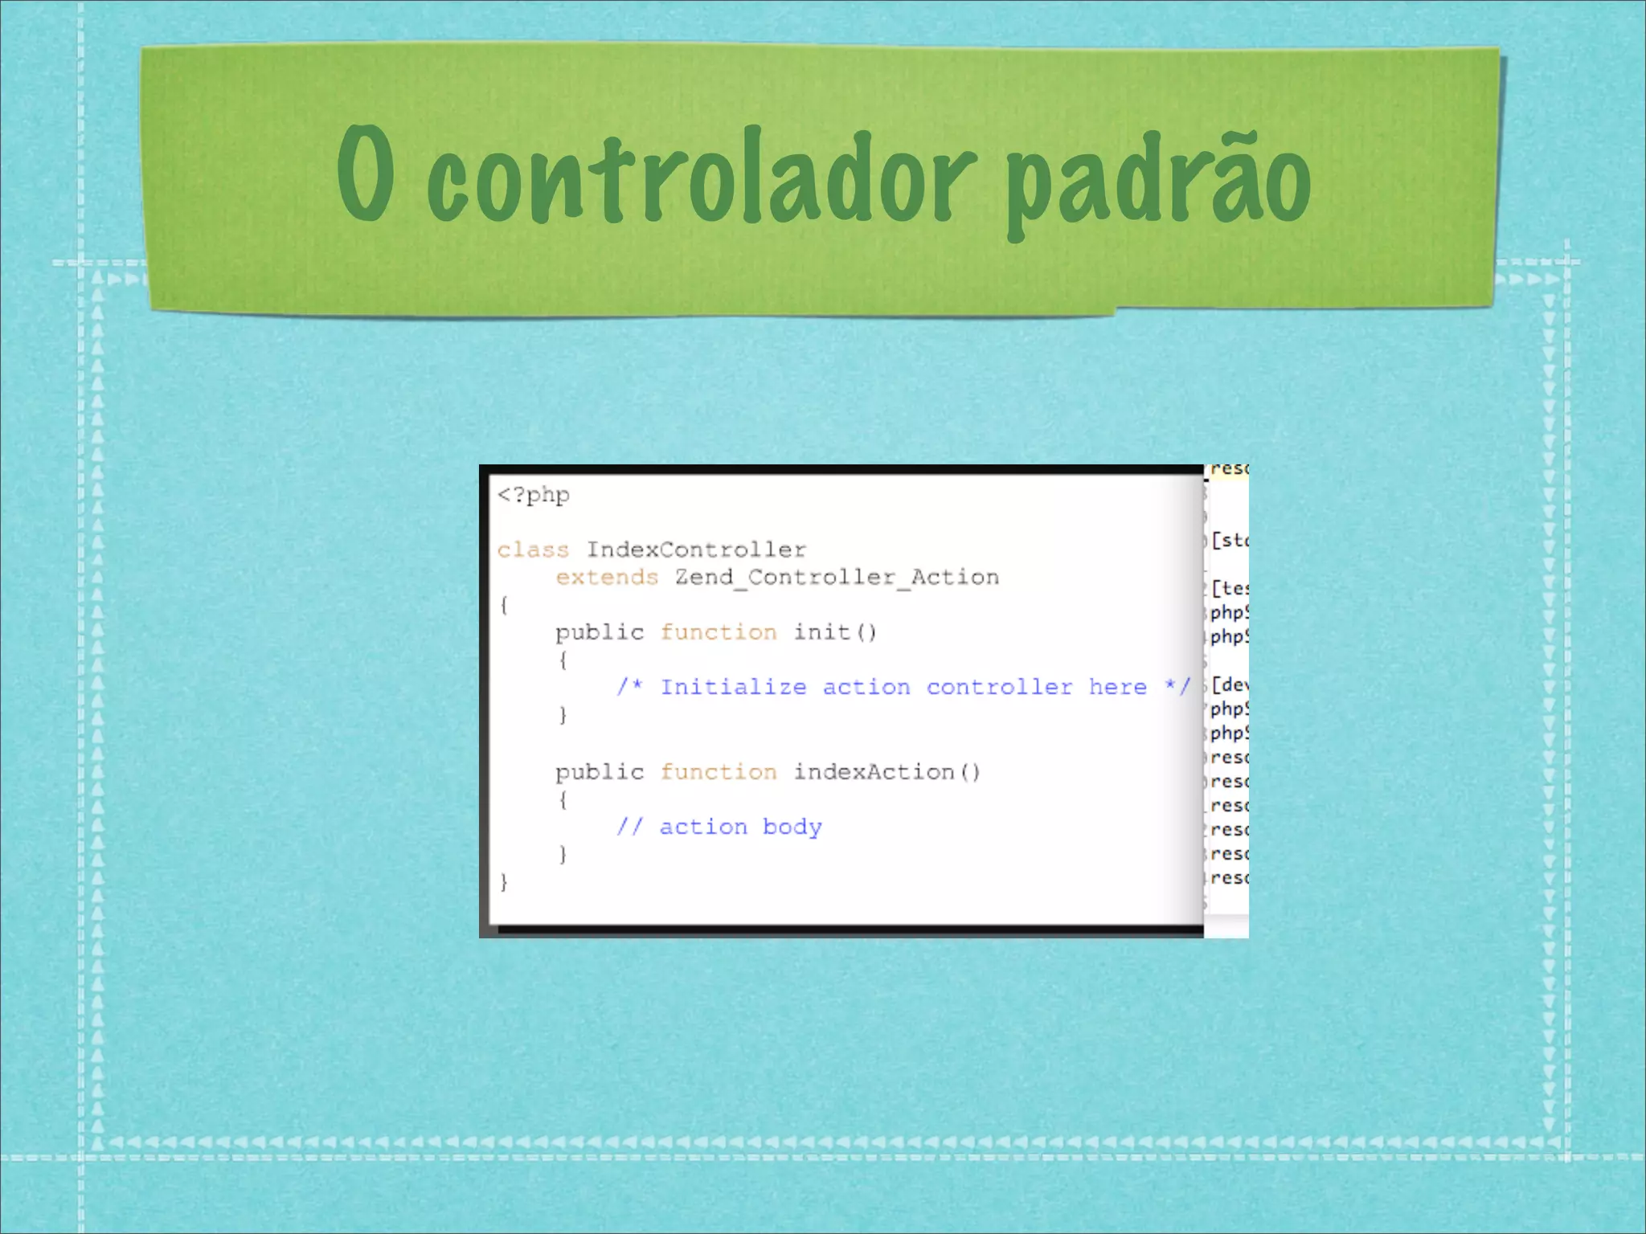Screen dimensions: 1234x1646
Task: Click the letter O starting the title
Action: [366, 173]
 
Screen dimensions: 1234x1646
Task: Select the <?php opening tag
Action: [534, 495]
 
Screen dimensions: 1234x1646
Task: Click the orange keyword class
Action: [533, 550]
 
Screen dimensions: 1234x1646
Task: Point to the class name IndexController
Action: [696, 550]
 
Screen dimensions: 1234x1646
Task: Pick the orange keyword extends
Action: [607, 578]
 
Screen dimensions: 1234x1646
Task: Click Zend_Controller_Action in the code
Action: [837, 578]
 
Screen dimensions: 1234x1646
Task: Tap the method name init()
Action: [835, 633]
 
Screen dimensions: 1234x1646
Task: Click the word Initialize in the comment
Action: [733, 688]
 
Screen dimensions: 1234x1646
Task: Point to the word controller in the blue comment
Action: [999, 688]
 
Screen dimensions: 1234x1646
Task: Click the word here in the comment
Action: [1117, 688]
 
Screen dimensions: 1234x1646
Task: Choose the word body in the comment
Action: [792, 827]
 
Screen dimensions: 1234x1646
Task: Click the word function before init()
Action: [719, 633]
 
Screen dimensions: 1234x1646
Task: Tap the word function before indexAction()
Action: [719, 773]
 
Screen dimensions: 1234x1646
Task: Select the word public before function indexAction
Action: [600, 773]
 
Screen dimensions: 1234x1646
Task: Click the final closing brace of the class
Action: [504, 882]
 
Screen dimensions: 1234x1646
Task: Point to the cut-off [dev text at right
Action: [1230, 685]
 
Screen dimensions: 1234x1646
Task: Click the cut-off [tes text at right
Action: [1230, 589]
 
